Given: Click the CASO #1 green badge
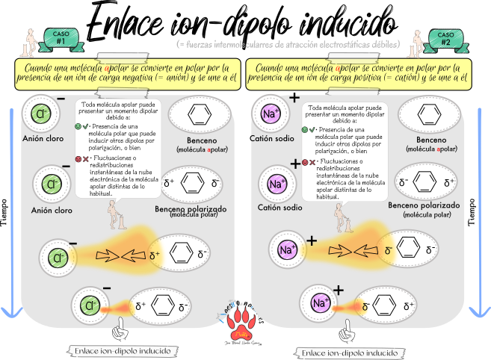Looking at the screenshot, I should [x=61, y=37].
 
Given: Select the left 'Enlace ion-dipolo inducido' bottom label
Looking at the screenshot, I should [x=123, y=350].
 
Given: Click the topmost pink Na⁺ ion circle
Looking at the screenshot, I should [x=271, y=114].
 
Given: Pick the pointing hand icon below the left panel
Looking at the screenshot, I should [x=119, y=329].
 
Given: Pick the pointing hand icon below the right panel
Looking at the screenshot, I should [x=345, y=330].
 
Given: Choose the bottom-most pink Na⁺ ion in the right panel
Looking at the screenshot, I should [x=320, y=303].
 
